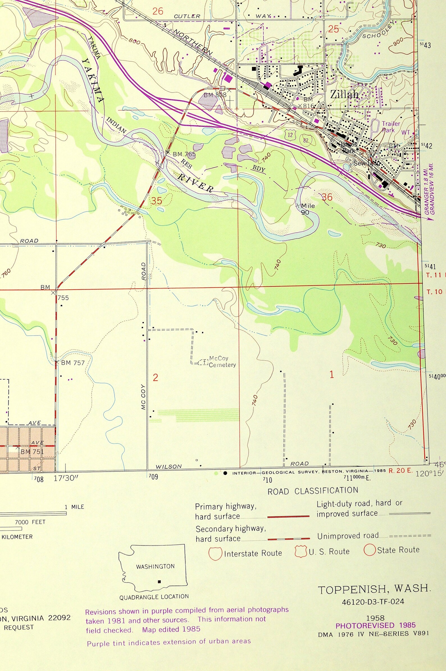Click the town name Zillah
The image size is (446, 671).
[x=344, y=94]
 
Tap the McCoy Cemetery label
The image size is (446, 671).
[x=222, y=361]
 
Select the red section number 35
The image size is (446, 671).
[x=156, y=201]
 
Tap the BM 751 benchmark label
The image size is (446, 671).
[x=32, y=451]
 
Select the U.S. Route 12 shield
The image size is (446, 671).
[x=290, y=135]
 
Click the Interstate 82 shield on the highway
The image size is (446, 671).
[x=306, y=140]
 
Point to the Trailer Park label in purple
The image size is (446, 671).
[x=390, y=127]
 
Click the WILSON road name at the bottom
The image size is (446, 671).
[x=169, y=466]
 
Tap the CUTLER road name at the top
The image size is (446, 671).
[x=187, y=16]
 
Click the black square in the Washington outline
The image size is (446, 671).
[x=159, y=582]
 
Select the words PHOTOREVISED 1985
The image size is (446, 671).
[x=376, y=625]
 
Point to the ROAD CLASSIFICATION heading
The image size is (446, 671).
[x=313, y=491]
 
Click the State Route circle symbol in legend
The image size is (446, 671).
[x=370, y=550]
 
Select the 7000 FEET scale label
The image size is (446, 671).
[x=30, y=522]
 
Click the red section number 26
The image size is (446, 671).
[x=158, y=12]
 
